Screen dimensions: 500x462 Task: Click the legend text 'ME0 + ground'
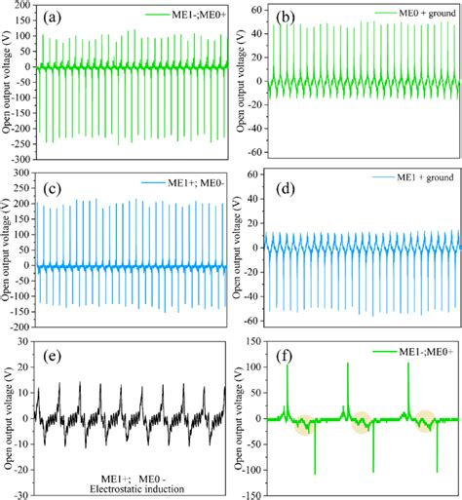tap(417, 12)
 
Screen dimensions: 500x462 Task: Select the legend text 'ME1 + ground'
tap(417, 178)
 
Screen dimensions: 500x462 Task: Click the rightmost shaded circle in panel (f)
tap(424, 420)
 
